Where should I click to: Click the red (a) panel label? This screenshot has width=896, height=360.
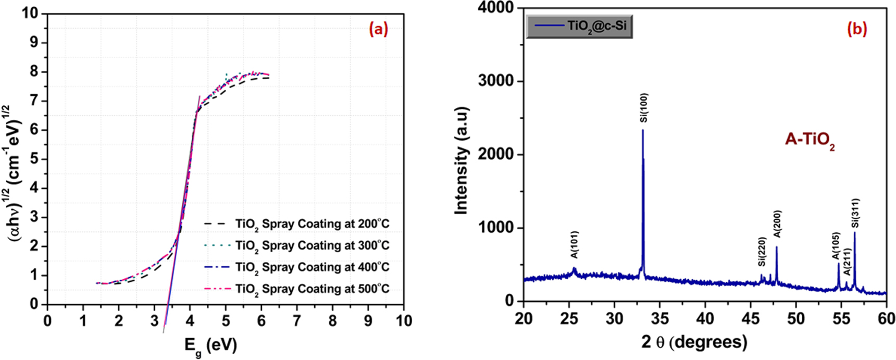click(x=378, y=29)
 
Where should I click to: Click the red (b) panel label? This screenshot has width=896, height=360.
click(x=857, y=29)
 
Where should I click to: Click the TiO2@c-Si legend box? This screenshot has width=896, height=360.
click(x=579, y=26)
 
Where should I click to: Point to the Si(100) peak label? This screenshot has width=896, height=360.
click(x=644, y=108)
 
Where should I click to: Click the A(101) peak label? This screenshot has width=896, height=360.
click(x=574, y=245)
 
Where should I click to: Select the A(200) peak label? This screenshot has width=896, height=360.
click(x=777, y=224)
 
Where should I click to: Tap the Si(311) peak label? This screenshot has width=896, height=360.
click(x=855, y=213)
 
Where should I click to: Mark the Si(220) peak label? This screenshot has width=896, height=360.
click(x=762, y=252)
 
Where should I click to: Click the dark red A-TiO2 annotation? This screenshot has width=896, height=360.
click(x=810, y=140)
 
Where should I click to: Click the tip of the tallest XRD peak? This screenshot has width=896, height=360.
click(x=643, y=130)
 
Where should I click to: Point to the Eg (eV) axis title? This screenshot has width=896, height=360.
click(x=210, y=345)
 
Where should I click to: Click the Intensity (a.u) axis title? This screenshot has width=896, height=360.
click(x=461, y=160)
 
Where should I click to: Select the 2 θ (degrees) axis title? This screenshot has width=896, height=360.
click(x=694, y=342)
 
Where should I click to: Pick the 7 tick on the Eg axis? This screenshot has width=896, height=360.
click(x=297, y=321)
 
